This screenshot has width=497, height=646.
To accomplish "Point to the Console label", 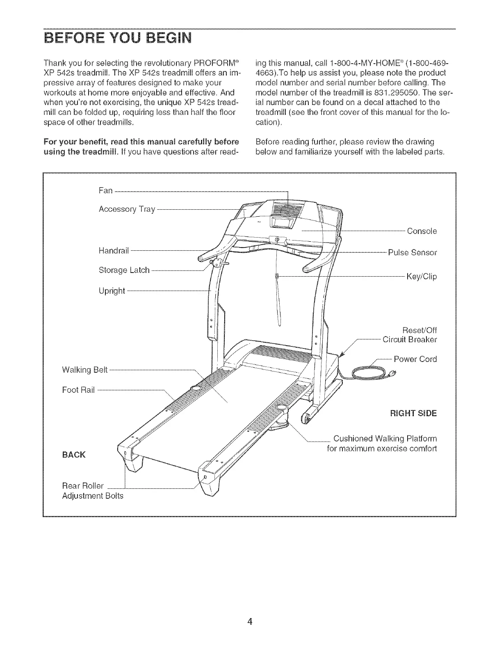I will (x=422, y=231).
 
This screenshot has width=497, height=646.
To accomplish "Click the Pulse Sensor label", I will (x=412, y=252).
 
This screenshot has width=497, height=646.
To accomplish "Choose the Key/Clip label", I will (x=421, y=276).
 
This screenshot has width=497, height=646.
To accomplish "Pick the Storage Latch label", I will (x=124, y=270).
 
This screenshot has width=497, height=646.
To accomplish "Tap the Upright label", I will (x=112, y=291).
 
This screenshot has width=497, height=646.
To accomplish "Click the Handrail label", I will (x=114, y=250).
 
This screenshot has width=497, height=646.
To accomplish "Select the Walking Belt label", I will (x=84, y=369).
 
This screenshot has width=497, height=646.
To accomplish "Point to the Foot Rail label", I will (x=78, y=390).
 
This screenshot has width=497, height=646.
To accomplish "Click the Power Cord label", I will (x=415, y=359).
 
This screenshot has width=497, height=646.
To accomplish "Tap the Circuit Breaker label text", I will (x=409, y=339).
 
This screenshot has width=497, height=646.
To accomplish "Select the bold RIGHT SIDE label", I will (x=413, y=413).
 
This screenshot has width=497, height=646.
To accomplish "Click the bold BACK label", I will (x=74, y=454).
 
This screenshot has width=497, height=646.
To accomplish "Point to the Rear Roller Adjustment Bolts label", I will (x=92, y=491).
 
